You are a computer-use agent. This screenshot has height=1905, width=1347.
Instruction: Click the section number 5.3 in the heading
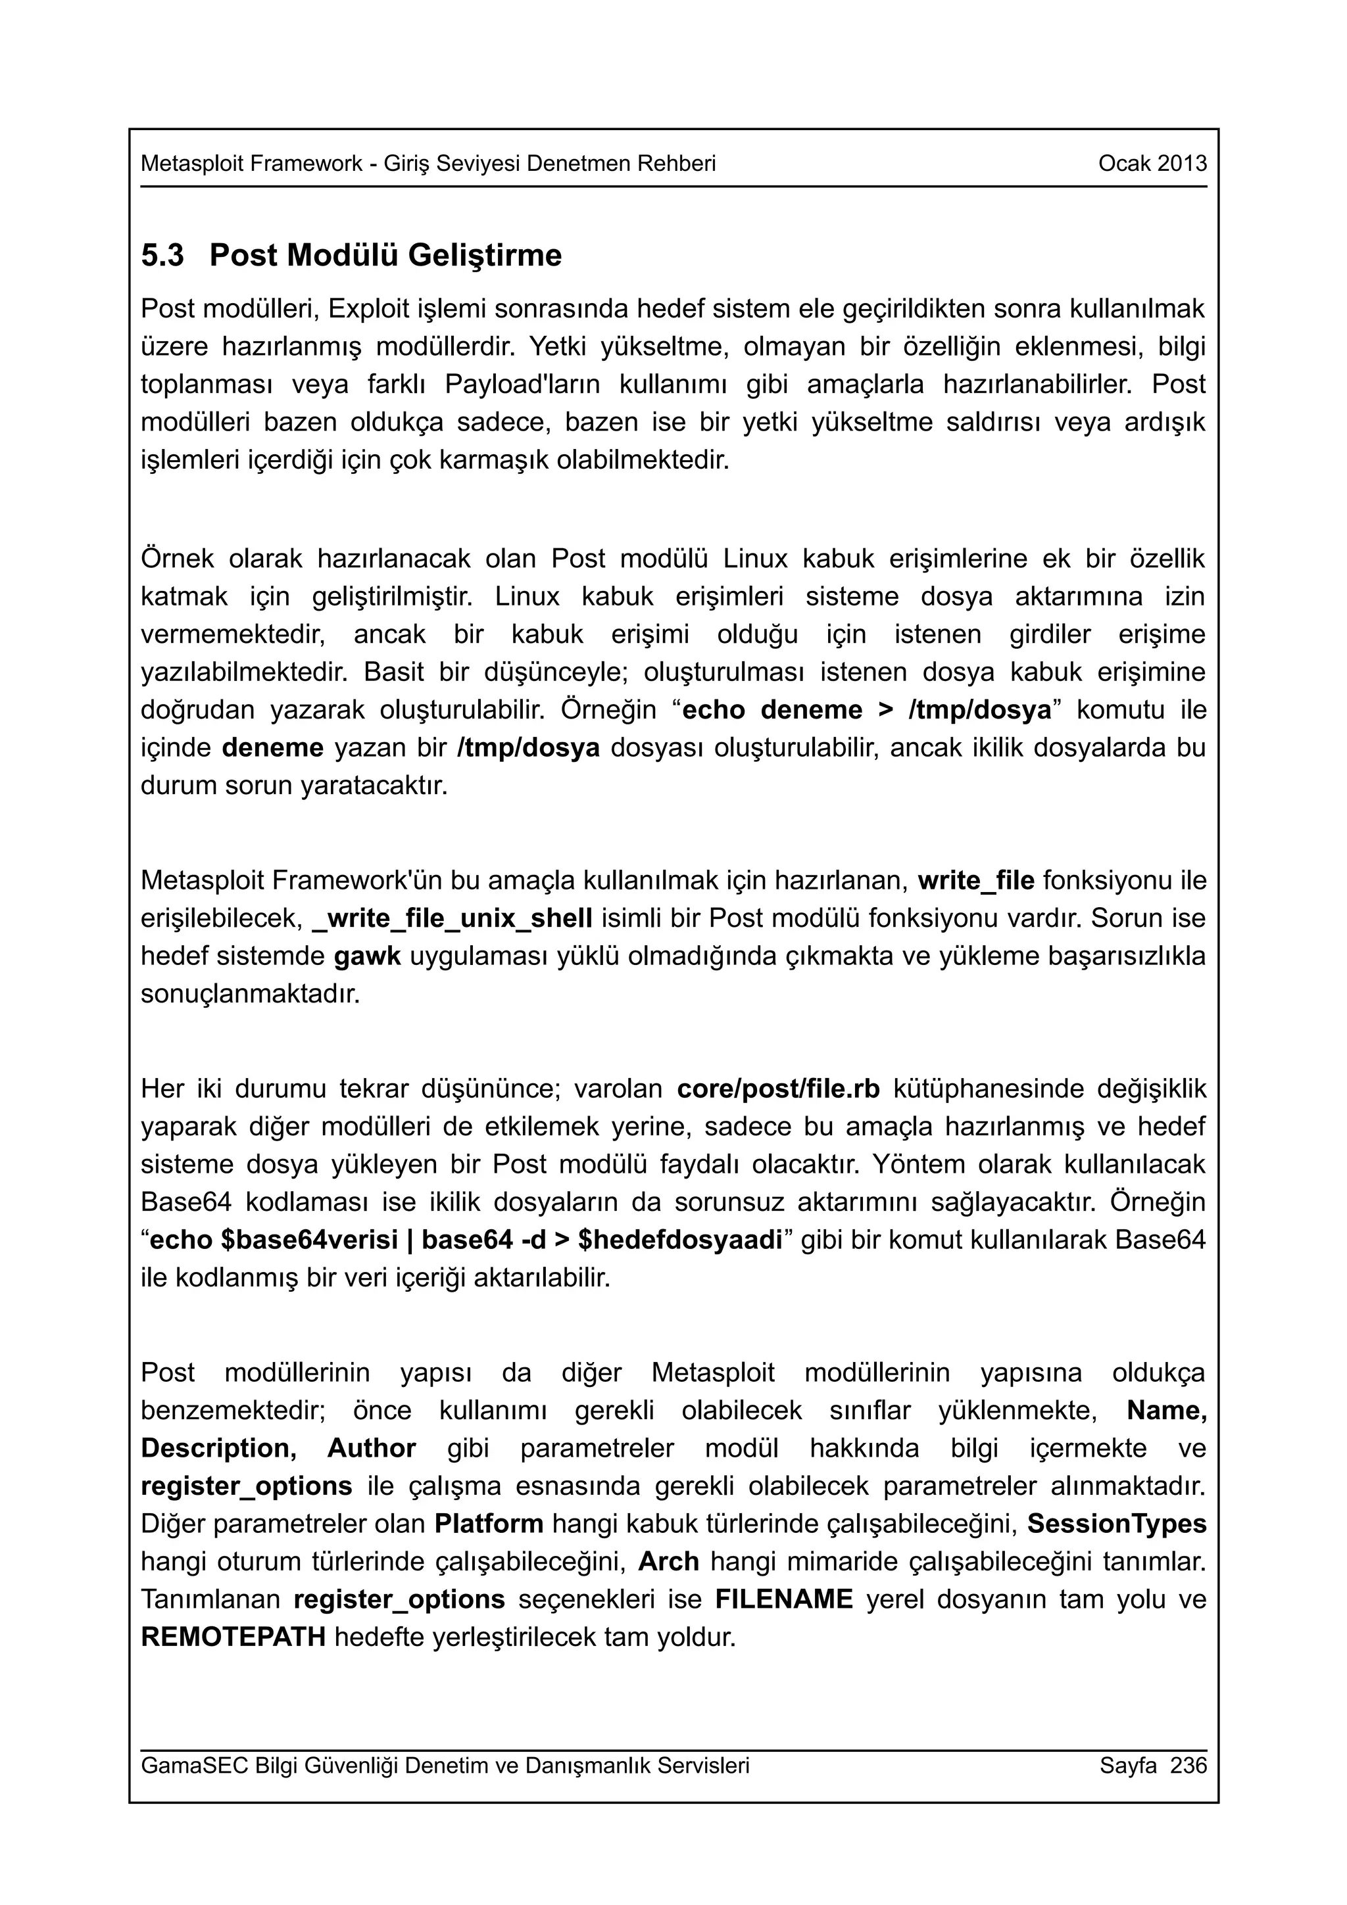coord(162,256)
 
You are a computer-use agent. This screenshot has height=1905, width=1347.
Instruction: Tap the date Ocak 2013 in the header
coord(1152,164)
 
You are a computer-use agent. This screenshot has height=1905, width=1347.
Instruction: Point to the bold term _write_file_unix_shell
coord(453,918)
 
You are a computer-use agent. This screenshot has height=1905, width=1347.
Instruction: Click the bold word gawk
coord(367,956)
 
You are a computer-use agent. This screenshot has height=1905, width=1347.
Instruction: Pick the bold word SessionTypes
coord(1116,1523)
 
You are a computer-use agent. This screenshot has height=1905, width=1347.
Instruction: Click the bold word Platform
coord(489,1523)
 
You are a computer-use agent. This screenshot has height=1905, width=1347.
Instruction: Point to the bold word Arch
coord(668,1561)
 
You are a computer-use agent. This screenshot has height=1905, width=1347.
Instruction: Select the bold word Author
coord(371,1448)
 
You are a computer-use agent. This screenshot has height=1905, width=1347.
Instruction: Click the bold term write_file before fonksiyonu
coord(976,880)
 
